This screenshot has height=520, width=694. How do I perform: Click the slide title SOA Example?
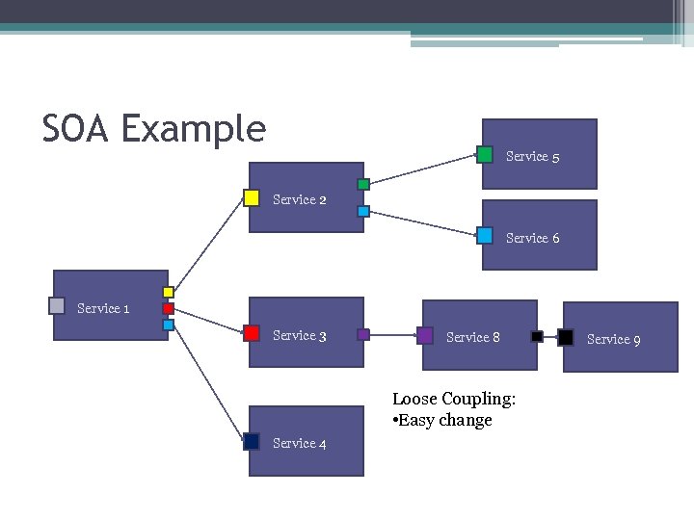point(153,128)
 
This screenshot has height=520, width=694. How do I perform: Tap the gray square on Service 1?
point(57,306)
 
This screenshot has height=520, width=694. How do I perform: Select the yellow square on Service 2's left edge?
point(252,198)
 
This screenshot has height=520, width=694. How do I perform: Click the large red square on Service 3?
point(252,333)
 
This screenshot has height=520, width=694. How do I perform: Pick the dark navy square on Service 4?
point(252,441)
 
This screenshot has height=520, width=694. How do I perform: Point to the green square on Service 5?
point(485,154)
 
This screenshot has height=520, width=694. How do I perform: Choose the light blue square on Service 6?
point(485,236)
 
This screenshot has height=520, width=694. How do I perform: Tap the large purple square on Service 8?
point(425,335)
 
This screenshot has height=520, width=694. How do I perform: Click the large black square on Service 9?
point(566,337)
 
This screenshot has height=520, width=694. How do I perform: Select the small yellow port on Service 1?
point(168,292)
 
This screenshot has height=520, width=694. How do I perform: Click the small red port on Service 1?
point(168,309)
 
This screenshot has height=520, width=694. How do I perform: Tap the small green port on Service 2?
point(363,184)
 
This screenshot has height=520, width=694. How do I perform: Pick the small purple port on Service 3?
point(363,335)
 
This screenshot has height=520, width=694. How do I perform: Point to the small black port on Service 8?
point(537,337)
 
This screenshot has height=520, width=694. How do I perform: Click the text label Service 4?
point(299,443)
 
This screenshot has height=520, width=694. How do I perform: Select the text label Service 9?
point(613,339)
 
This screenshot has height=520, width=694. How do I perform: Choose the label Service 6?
point(532,238)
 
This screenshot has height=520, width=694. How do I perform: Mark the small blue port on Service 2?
point(363,211)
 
